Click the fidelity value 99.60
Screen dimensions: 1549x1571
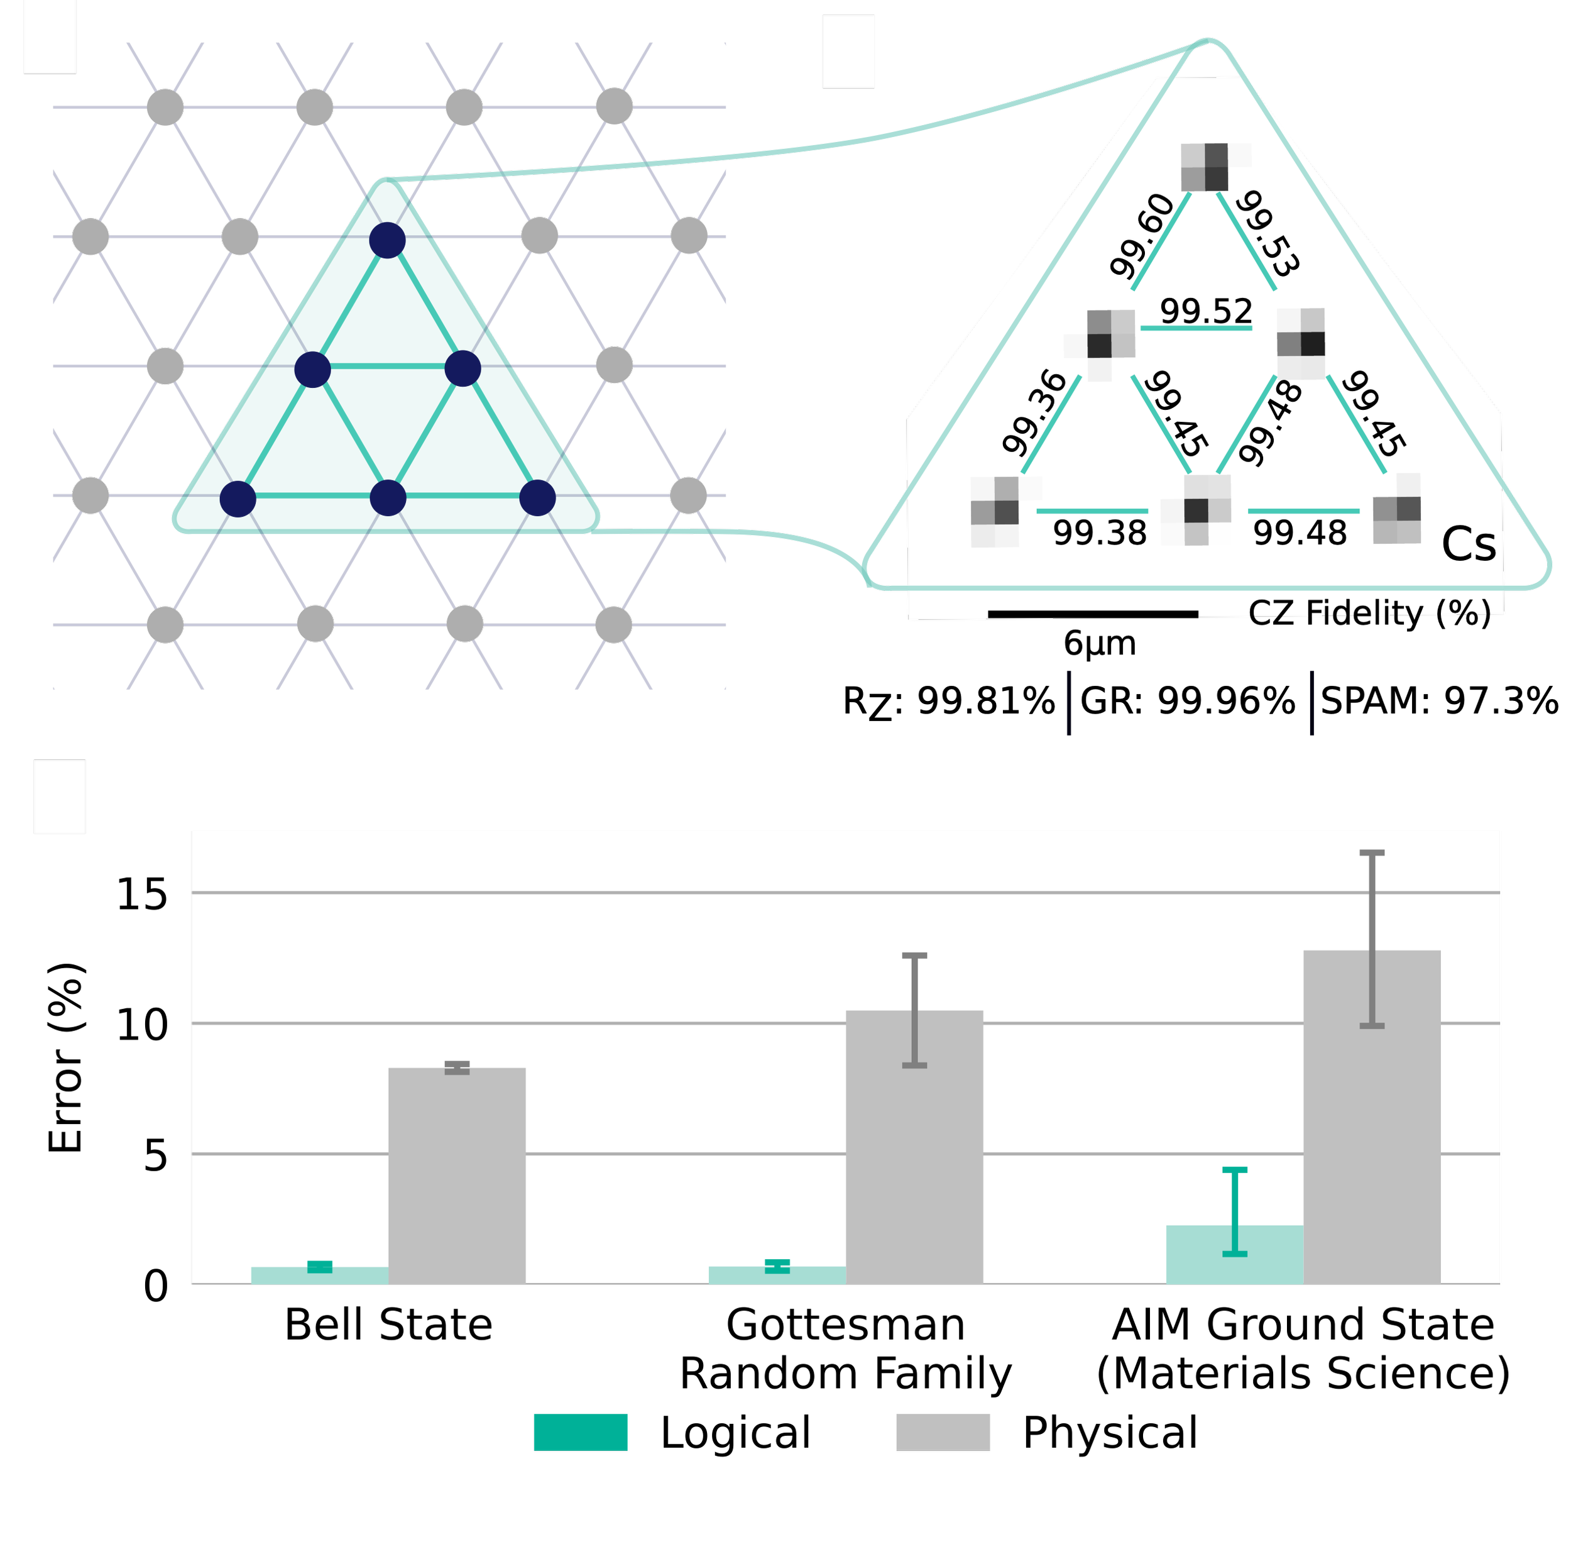pos(1142,236)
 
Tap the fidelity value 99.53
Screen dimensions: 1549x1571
pos(1267,233)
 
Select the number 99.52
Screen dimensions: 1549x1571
pos(1206,311)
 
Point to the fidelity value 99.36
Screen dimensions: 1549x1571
pos(1034,412)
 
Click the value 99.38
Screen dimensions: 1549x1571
pos(1099,533)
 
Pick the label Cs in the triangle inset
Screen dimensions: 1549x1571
pos(1469,544)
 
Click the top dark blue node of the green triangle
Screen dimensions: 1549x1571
pos(387,240)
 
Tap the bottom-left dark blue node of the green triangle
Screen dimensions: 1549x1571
pos(238,499)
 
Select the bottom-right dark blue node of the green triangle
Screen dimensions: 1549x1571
pos(537,498)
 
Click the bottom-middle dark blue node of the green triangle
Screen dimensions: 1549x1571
pos(388,498)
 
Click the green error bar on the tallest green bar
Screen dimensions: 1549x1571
pos(1234,1211)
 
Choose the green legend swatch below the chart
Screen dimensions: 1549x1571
pos(580,1433)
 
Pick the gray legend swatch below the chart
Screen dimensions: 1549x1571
pos(943,1433)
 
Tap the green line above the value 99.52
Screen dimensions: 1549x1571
pos(1195,329)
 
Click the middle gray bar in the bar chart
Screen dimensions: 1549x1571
pos(914,1147)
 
